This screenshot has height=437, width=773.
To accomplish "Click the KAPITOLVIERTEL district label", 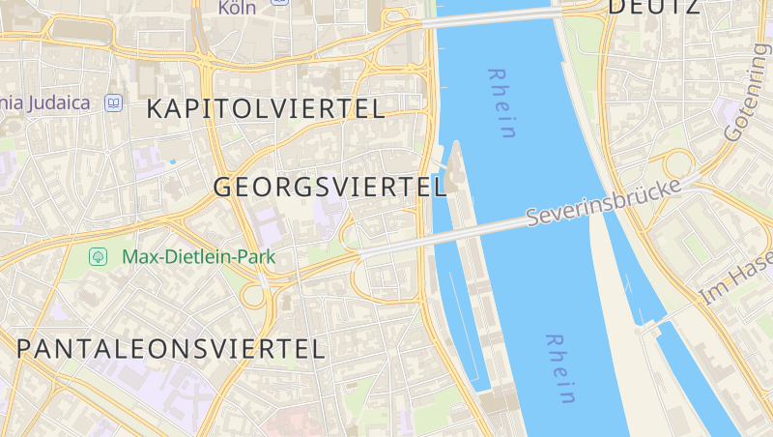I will point(266,109).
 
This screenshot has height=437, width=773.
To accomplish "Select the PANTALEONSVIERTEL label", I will point(171,349).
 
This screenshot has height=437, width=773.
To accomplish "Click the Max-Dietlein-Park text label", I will point(198,257).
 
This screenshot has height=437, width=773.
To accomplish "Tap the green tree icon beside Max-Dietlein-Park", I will point(98,256).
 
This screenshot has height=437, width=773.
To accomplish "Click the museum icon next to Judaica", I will point(114,102).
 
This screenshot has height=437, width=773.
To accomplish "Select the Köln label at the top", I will point(237,9).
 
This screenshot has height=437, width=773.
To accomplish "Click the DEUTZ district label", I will point(653,8).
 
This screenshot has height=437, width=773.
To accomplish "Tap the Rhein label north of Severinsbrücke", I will point(501,103).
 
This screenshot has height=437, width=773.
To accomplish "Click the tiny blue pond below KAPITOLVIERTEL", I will point(173,161).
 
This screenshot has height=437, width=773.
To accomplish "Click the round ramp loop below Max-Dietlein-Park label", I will point(252,296).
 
